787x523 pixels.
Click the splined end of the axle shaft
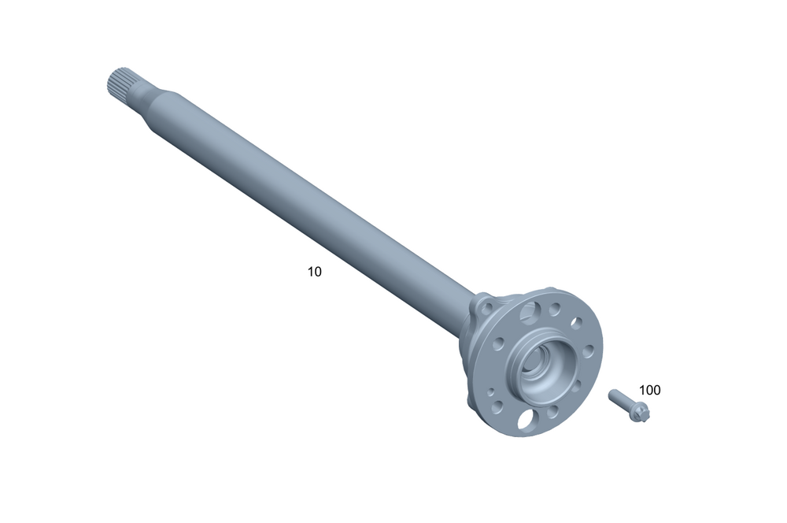click(x=120, y=83)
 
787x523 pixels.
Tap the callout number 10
click(x=314, y=272)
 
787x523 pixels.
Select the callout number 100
click(x=649, y=391)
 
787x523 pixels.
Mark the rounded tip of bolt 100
click(x=611, y=393)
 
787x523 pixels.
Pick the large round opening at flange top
click(x=529, y=311)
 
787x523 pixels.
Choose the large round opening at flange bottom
click(x=526, y=419)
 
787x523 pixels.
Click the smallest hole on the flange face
click(x=491, y=392)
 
